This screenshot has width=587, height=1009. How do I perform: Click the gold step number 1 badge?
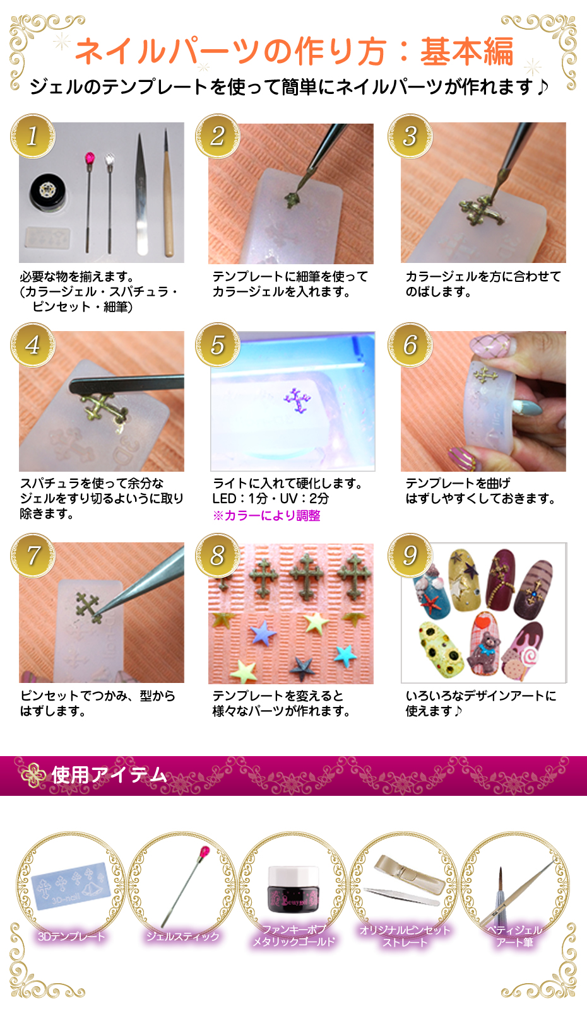coord(33,136)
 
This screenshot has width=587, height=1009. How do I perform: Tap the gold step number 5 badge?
coord(218,345)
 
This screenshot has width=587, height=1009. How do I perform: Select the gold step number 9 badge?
coord(410,556)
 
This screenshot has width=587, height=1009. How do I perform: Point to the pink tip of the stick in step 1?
coord(90,156)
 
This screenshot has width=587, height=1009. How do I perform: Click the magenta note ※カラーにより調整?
coord(266,516)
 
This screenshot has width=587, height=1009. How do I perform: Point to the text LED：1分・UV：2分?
coord(271,499)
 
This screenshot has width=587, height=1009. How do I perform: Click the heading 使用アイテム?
coord(109,775)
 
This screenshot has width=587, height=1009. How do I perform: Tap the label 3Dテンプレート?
coord(71,936)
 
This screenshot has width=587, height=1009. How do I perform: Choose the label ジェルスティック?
coord(182,936)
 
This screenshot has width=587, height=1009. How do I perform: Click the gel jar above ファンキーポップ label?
coord(293,889)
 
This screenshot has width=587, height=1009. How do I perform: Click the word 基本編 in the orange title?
coord(466,51)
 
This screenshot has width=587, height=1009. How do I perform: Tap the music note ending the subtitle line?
coord(542,86)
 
